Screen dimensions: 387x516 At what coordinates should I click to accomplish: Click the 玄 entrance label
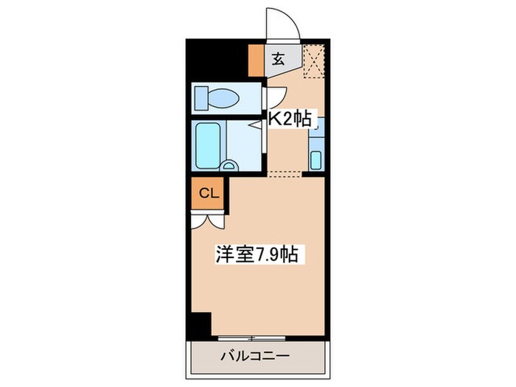pyautogui.click(x=280, y=59)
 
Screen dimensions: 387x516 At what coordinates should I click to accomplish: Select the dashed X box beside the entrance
pyautogui.click(x=315, y=61)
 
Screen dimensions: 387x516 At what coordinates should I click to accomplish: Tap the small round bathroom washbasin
pyautogui.click(x=229, y=166)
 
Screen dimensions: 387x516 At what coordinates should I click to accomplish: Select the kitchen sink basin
pyautogui.click(x=315, y=159)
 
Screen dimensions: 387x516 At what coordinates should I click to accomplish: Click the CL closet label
pyautogui.click(x=209, y=194)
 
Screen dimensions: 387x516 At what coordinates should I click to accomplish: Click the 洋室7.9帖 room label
pyautogui.click(x=256, y=255)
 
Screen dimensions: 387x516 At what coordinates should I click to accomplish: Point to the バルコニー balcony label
pyautogui.click(x=255, y=357)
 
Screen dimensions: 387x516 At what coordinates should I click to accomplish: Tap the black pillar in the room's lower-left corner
pyautogui.click(x=199, y=323)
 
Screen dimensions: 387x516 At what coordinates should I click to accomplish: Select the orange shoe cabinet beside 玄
pyautogui.click(x=256, y=62)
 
